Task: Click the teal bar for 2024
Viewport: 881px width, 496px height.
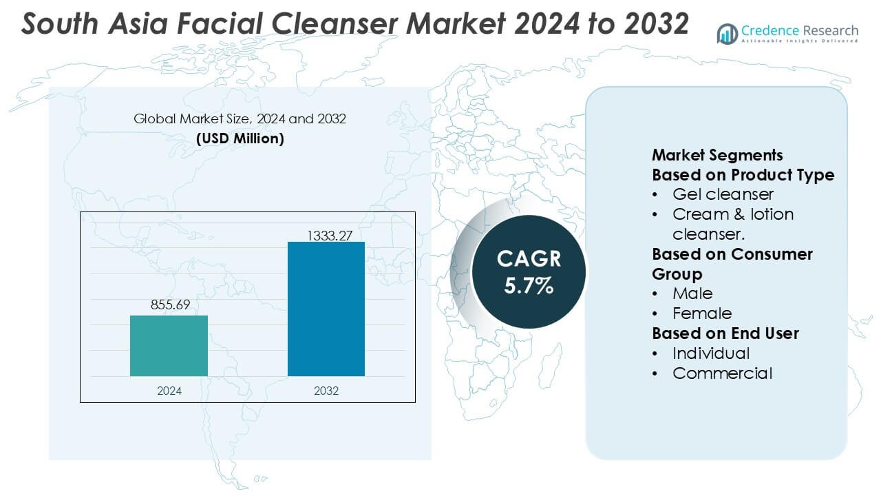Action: coord(169,346)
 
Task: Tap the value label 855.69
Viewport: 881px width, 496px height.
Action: coord(169,304)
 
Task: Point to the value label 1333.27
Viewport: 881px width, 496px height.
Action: coord(326,236)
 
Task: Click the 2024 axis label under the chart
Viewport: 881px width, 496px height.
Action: coord(169,391)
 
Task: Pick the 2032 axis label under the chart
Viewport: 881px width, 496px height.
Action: coord(326,391)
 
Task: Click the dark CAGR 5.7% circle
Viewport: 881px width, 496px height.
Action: coord(529,271)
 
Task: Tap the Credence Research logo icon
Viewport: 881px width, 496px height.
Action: coord(728,33)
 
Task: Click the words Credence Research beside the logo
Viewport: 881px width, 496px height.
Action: coord(800,30)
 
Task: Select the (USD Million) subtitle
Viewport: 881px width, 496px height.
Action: coord(240,138)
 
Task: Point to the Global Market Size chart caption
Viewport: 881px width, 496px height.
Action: coord(240,119)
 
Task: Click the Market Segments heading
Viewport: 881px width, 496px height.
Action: coord(717,155)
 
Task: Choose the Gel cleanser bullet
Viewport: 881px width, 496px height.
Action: coord(723,194)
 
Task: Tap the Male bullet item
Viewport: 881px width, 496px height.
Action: coord(692,293)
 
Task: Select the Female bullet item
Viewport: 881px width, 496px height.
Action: coord(702,313)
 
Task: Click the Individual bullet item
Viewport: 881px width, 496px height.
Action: coord(711,353)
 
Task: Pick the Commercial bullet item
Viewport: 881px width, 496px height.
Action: coord(722,373)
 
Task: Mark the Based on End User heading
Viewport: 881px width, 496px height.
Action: coord(725,333)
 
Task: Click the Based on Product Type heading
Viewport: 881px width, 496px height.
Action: coord(743,175)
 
